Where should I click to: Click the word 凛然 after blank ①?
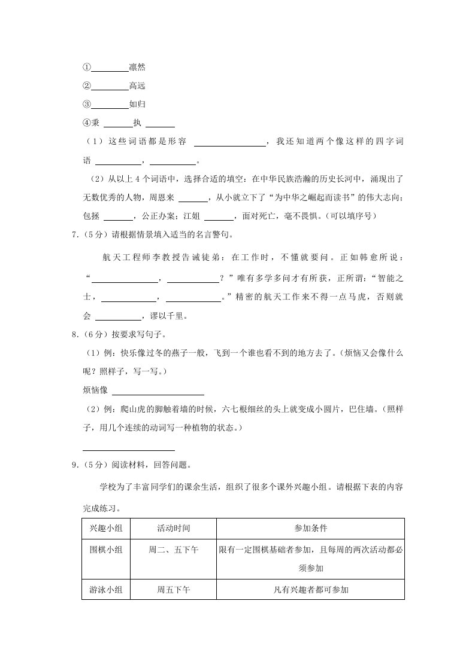pyautogui.click(x=137, y=67)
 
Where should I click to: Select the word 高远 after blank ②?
pyautogui.click(x=137, y=86)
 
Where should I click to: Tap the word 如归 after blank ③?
pyautogui.click(x=137, y=104)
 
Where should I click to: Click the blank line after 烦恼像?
pyautogui.click(x=158, y=392)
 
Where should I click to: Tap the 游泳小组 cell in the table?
pyautogui.click(x=106, y=590)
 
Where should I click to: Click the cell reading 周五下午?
pyautogui.click(x=174, y=590)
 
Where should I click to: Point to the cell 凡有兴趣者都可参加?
pyautogui.click(x=310, y=590)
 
